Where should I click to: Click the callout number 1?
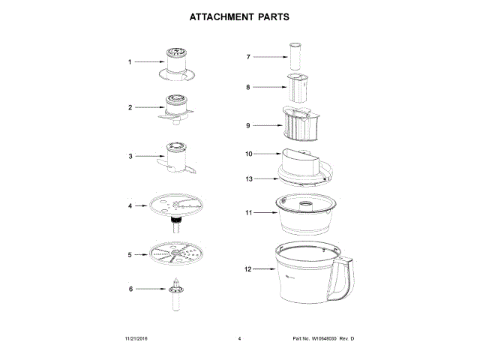(x=129, y=62)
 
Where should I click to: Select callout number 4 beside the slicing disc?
(x=129, y=205)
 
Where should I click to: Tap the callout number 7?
(x=248, y=56)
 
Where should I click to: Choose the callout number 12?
(x=248, y=268)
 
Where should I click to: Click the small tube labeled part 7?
(x=295, y=56)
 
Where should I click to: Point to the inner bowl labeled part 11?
(x=307, y=213)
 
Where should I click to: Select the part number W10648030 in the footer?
(x=323, y=340)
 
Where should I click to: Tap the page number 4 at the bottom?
(x=238, y=340)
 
